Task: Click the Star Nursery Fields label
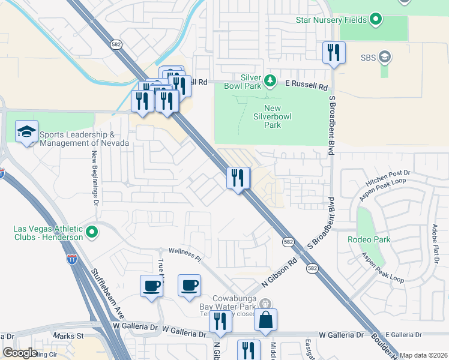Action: (332, 20)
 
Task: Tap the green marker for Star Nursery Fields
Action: (376, 20)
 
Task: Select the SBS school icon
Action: (384, 58)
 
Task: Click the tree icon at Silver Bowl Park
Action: (270, 80)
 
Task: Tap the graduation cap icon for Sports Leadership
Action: (26, 132)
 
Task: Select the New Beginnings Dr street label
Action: (95, 176)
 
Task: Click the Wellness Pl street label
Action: (185, 254)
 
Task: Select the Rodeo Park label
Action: (369, 239)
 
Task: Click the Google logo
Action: (20, 353)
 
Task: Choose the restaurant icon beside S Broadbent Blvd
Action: (334, 52)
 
